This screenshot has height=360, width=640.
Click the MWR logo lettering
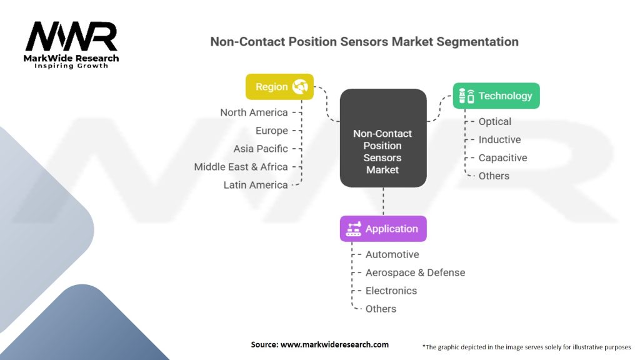click(71, 37)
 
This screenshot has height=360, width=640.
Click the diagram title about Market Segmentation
click(364, 42)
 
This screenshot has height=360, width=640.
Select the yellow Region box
click(279, 87)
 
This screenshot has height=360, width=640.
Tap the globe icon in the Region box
click(299, 87)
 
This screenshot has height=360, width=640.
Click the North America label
click(254, 112)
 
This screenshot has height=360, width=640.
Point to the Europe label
click(271, 131)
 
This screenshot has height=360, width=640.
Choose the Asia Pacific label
click(261, 149)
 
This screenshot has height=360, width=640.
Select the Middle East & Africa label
click(241, 167)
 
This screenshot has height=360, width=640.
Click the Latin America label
click(256, 185)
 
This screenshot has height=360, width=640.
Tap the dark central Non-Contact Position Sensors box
click(383, 138)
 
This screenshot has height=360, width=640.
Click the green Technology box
click(496, 96)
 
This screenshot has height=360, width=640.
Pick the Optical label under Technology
click(494, 122)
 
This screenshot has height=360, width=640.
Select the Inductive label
click(499, 140)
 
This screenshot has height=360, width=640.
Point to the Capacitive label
click(502, 158)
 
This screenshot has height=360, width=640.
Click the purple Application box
click(383, 229)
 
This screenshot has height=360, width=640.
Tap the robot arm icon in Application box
click(354, 229)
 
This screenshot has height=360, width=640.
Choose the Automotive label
click(392, 254)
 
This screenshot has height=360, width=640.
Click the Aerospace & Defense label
click(415, 272)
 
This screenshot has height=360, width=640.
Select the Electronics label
click(391, 291)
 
